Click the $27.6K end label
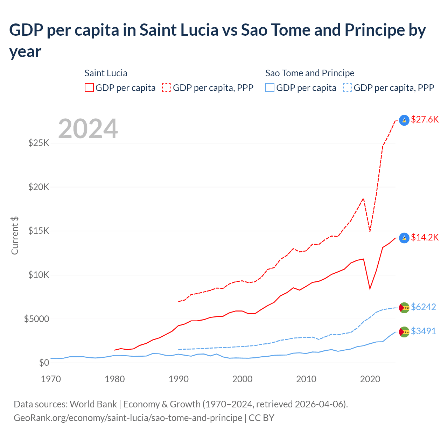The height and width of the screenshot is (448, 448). click(x=425, y=120)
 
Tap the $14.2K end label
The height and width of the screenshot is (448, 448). click(x=425, y=238)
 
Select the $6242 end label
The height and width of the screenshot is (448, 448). click(x=423, y=307)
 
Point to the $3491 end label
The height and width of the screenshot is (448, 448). click(x=423, y=331)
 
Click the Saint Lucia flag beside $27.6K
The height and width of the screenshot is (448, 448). click(x=404, y=120)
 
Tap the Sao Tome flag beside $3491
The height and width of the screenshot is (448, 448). click(x=404, y=332)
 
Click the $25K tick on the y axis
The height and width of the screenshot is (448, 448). click(x=38, y=143)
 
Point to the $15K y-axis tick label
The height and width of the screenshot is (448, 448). click(x=38, y=231)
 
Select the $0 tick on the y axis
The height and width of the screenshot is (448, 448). click(x=44, y=363)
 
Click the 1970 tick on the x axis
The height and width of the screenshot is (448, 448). click(x=51, y=379)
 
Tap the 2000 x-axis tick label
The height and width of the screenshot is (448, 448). click(x=242, y=379)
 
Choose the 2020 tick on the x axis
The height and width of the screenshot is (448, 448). click(x=370, y=379)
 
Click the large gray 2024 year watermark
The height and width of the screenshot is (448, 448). click(x=88, y=129)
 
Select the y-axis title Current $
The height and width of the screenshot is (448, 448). click(x=15, y=236)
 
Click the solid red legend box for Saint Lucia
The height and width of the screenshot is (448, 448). click(x=89, y=87)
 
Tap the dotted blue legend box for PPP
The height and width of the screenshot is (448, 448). click(x=348, y=87)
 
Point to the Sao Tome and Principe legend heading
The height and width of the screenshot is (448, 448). click(x=310, y=73)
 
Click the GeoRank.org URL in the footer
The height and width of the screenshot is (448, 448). click(x=128, y=418)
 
